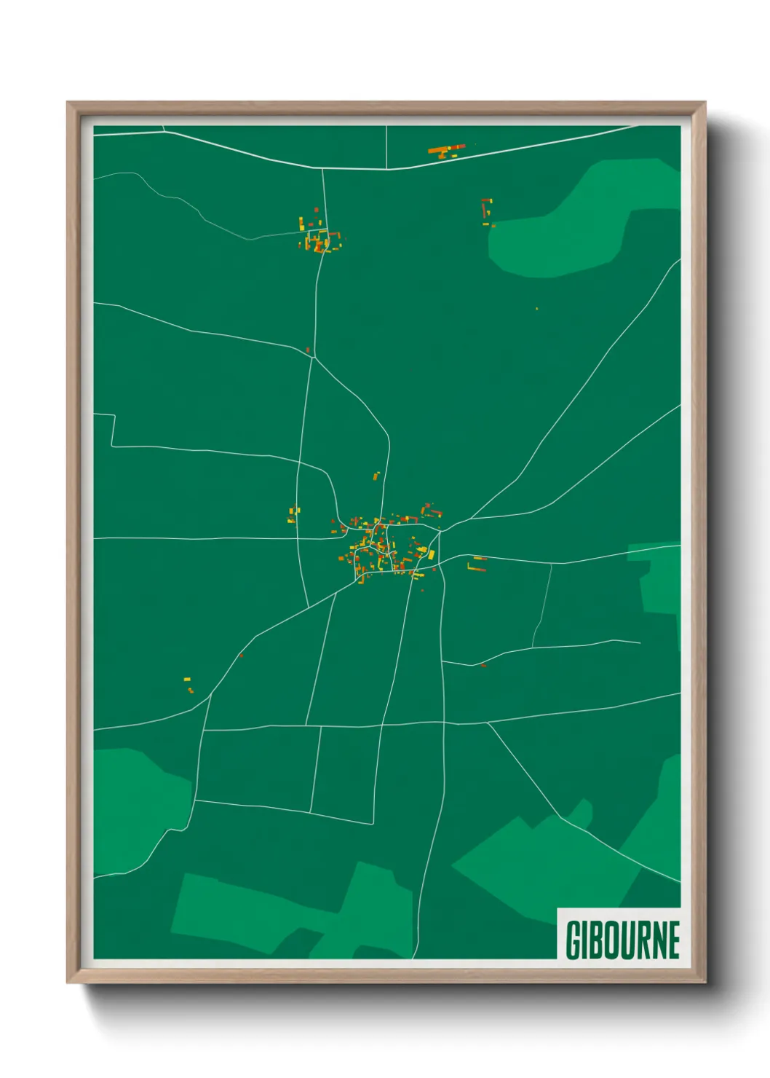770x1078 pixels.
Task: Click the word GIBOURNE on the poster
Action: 622,940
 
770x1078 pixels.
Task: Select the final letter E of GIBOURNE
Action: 673,940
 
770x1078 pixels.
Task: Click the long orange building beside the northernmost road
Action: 446,150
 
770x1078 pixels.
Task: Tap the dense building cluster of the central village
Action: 382,546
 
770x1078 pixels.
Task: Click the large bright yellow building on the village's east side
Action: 430,555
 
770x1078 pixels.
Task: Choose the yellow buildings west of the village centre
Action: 293,516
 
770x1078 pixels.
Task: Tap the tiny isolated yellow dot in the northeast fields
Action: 537,309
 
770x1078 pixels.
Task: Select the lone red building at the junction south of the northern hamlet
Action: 308,350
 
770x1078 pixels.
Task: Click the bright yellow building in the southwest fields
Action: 187,680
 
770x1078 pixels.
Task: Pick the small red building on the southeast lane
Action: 483,664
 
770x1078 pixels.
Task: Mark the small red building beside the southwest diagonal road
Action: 241,656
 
